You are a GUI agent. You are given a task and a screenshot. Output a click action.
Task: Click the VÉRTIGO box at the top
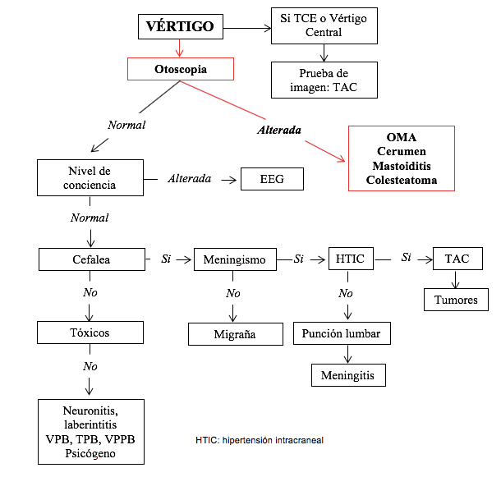(179, 27)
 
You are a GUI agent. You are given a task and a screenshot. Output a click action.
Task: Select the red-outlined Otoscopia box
(180, 69)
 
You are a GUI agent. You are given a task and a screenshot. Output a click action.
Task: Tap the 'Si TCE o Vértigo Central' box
(324, 25)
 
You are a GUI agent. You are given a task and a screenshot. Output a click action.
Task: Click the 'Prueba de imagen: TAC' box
(324, 80)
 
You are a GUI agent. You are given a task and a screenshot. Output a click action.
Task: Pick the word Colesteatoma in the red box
(401, 180)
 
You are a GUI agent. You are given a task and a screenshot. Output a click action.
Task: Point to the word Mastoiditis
(401, 166)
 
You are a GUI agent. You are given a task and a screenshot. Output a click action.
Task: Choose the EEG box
(272, 178)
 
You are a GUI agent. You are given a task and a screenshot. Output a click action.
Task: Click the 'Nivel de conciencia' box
(90, 177)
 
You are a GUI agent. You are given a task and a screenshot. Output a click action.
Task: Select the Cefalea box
(90, 259)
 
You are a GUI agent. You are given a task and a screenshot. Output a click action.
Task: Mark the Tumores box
(457, 300)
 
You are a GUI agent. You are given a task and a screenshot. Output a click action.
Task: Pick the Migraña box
(234, 334)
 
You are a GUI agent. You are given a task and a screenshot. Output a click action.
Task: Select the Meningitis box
(347, 374)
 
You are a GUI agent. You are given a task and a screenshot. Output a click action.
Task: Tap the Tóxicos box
(90, 333)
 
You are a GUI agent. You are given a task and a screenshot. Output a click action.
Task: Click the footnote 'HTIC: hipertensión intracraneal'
(260, 440)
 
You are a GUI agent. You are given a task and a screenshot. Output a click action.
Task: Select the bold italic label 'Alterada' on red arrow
(279, 130)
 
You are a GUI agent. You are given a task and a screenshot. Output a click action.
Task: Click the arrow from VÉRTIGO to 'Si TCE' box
(246, 28)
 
